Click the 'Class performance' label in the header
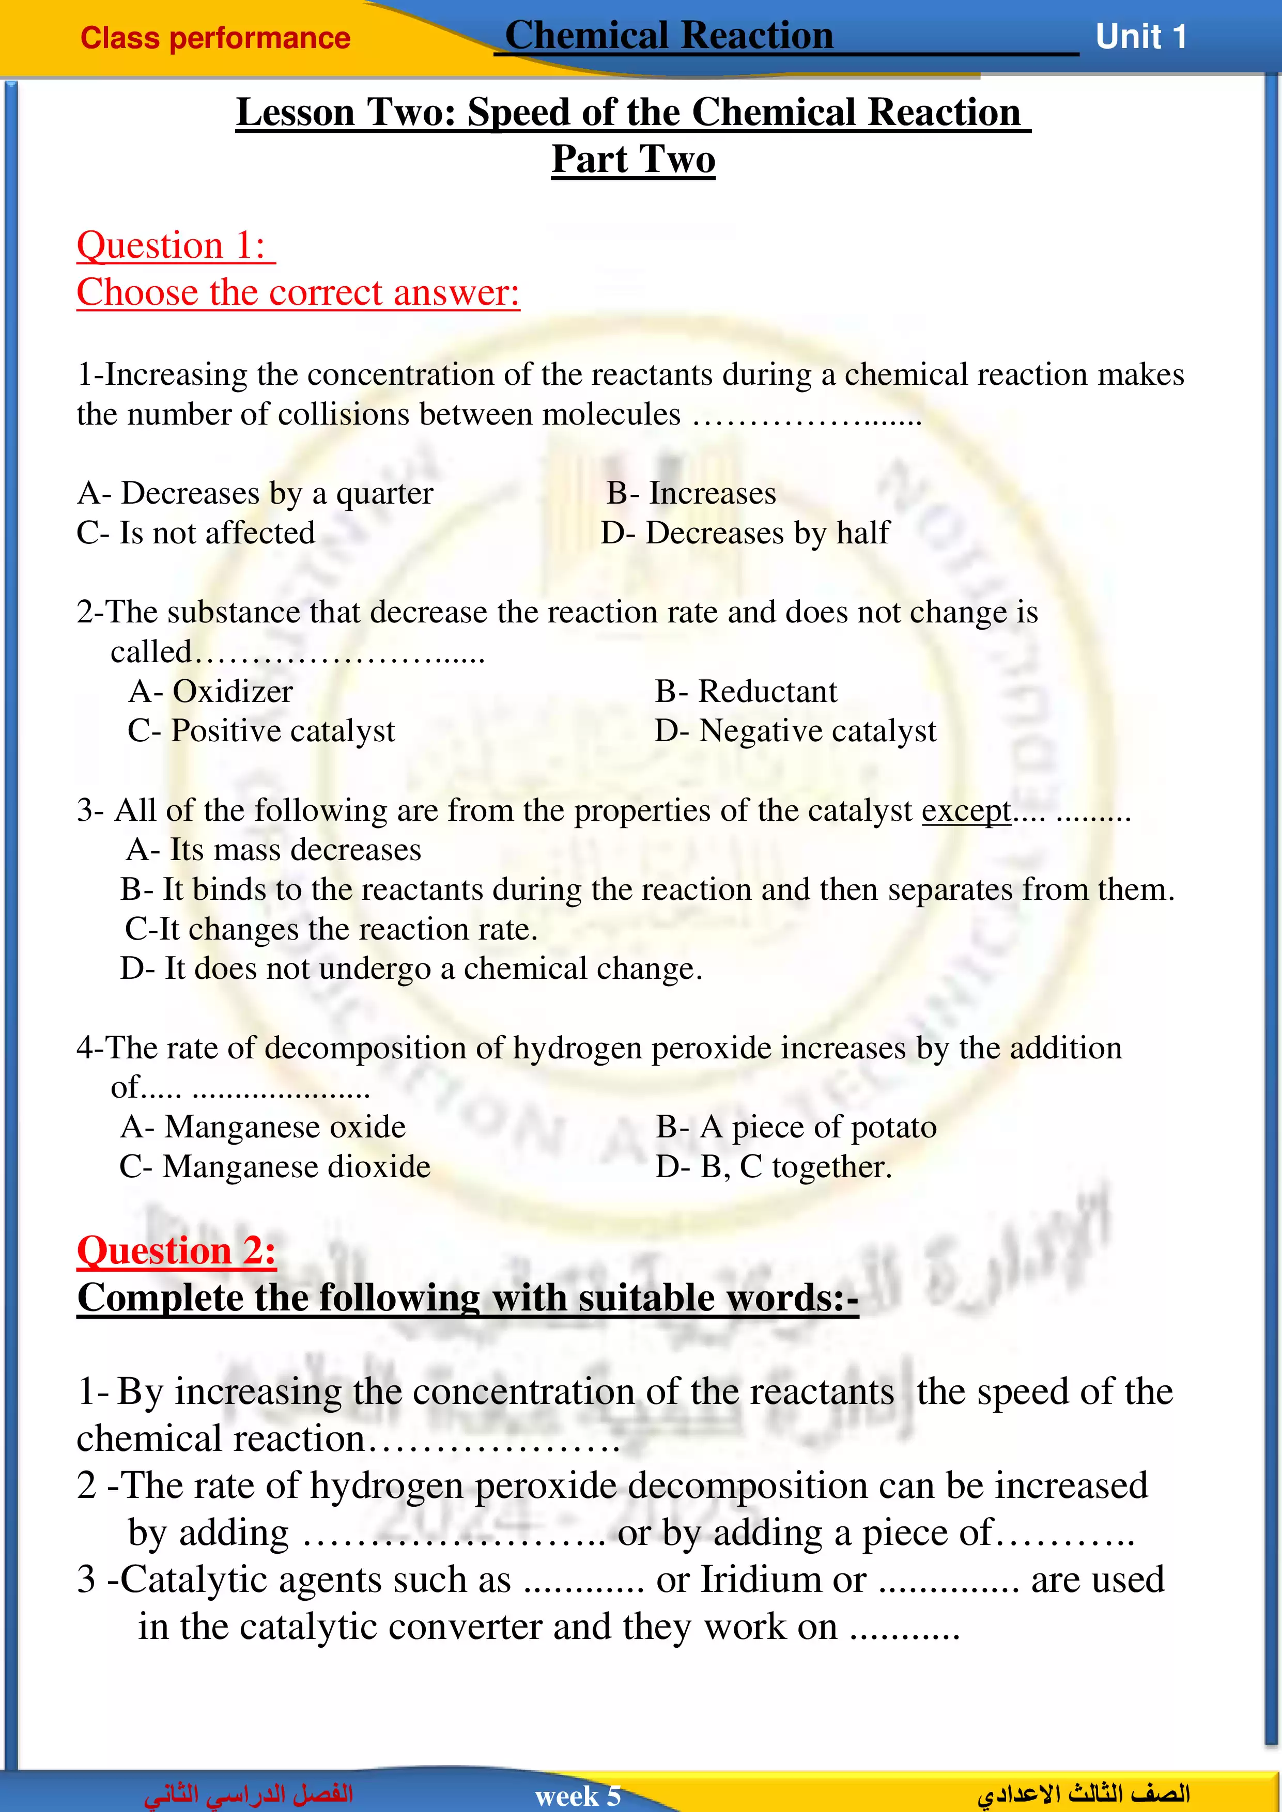point(215,38)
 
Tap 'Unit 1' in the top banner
point(1141,37)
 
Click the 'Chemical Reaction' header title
point(669,36)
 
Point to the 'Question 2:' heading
point(176,1251)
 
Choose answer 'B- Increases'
point(691,493)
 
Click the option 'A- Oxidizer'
point(211,691)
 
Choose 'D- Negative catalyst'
point(795,731)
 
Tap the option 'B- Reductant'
point(746,691)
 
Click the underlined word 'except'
point(966,810)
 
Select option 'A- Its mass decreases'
point(274,850)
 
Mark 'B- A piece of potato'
point(796,1127)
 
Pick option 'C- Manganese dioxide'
point(275,1166)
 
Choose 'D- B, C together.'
point(774,1166)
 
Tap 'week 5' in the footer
point(578,1796)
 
